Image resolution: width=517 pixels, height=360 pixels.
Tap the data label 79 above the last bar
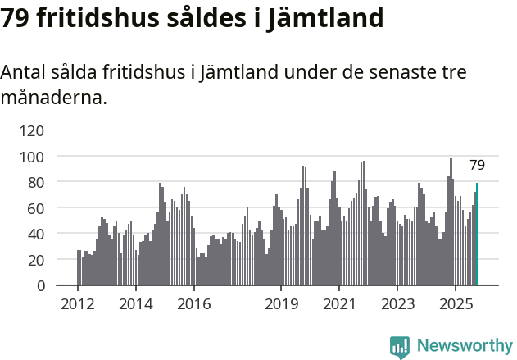pyautogui.click(x=477, y=165)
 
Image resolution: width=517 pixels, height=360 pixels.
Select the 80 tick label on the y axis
pyautogui.click(x=36, y=182)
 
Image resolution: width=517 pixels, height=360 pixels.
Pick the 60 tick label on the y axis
pyautogui.click(x=36, y=208)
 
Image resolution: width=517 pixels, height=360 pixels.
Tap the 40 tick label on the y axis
pyautogui.click(x=36, y=234)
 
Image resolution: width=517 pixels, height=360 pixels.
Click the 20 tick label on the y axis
pyautogui.click(x=36, y=260)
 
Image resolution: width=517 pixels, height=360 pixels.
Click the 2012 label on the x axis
pyautogui.click(x=78, y=304)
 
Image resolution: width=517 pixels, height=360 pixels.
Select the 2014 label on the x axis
pyautogui.click(x=136, y=304)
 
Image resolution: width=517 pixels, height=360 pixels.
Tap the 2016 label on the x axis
pyautogui.click(x=194, y=304)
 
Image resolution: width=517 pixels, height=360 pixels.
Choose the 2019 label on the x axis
pyautogui.click(x=281, y=304)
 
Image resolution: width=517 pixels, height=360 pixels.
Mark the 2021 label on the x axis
pyautogui.click(x=339, y=304)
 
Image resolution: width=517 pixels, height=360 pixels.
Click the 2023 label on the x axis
pyautogui.click(x=397, y=304)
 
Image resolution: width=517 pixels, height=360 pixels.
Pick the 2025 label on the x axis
pyautogui.click(x=456, y=304)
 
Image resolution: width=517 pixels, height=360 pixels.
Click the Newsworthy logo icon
pyautogui.click(x=400, y=347)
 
